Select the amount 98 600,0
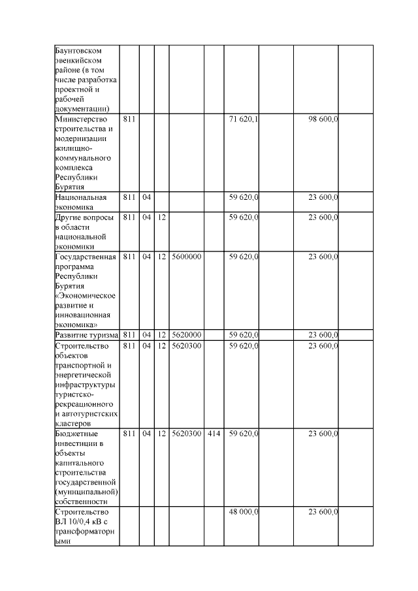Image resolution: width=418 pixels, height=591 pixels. (323, 120)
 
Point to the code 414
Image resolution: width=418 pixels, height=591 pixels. (213, 433)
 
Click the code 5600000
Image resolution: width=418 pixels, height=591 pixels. (186, 257)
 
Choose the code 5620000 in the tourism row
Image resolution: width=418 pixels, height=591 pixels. (186, 335)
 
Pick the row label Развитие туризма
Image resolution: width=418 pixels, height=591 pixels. (86, 335)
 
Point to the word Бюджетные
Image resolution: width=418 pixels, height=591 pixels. (77, 433)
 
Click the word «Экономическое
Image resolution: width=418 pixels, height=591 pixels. (86, 296)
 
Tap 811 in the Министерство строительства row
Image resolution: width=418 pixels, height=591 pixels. (129, 120)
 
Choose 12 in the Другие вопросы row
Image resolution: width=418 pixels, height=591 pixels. (161, 216)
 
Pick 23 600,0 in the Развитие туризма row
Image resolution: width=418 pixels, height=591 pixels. (323, 335)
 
